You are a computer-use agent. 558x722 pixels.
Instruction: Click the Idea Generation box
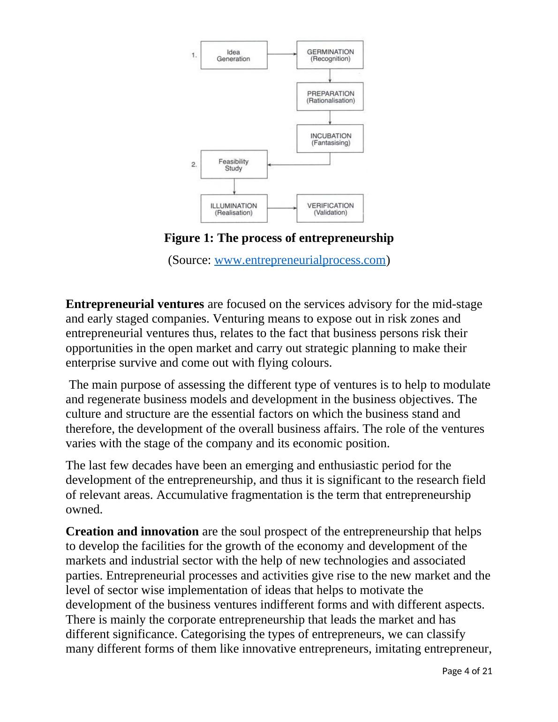pos(234,55)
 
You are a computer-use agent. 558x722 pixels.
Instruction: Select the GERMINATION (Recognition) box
pos(330,55)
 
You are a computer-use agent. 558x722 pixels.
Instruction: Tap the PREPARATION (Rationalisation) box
pos(330,97)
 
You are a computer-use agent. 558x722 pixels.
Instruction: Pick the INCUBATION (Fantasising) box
pos(330,139)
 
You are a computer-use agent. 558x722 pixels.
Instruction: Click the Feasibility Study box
pos(234,165)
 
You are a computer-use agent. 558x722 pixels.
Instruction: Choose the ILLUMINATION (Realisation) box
pos(234,209)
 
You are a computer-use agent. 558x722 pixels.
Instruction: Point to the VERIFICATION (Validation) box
pos(330,209)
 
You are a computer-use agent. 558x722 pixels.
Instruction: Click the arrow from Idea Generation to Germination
pos(282,54)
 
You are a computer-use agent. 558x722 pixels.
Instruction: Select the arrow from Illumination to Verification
pos(282,208)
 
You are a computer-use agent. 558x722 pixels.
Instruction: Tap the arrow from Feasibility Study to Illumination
pos(234,187)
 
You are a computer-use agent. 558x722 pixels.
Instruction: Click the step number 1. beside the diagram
pos(194,55)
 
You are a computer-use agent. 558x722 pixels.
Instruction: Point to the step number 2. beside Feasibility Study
pos(194,165)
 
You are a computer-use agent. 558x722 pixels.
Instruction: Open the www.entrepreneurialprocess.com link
pos(300,260)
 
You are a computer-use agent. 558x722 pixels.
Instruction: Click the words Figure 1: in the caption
pos(189,238)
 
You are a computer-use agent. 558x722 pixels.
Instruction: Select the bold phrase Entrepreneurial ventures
pos(135,304)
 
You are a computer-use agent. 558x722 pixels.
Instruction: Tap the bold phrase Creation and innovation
pos(132,532)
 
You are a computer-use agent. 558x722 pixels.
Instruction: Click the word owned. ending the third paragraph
pos(84,510)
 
